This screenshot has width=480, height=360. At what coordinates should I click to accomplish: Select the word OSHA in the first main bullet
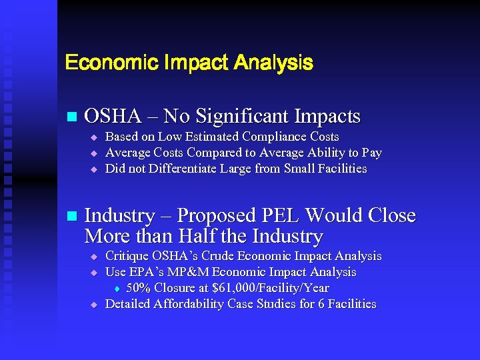[113, 117]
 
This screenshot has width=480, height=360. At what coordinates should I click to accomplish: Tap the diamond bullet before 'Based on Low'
[94, 137]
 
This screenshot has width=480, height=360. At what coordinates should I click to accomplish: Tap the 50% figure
[139, 288]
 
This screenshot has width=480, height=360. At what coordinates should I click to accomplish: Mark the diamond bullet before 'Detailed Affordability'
[94, 305]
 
